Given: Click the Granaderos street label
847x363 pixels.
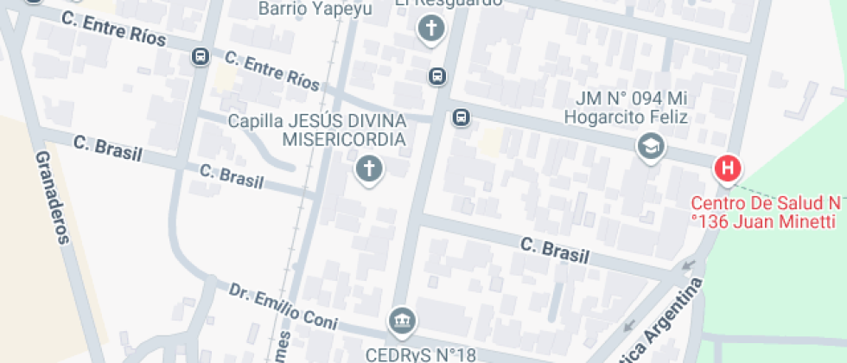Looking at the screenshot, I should point(51,197).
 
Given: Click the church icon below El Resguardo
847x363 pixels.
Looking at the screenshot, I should point(430,30).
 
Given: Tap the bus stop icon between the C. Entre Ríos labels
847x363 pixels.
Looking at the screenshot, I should point(201,56).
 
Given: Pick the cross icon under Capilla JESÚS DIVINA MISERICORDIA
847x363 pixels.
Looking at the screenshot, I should point(368,169).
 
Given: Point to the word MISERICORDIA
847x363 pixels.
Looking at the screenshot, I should point(343,139).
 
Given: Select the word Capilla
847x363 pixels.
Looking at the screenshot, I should point(256,120).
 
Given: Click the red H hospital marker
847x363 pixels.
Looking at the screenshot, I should point(728,168).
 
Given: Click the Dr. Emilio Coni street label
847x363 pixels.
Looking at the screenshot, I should point(283,307).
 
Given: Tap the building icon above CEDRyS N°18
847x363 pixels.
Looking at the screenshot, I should point(402,322).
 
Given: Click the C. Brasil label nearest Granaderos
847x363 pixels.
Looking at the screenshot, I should point(108,148).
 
